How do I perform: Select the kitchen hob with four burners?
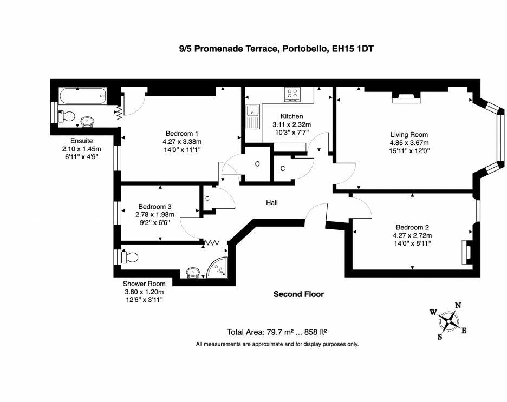(x=293, y=94)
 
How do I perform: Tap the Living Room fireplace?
(x=406, y=97)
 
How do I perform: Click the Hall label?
(x=271, y=202)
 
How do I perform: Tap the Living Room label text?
(x=409, y=135)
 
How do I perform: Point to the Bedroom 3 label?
(x=155, y=206)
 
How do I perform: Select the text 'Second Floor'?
(x=298, y=294)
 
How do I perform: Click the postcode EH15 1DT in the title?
(x=353, y=49)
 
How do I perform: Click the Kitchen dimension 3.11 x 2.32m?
(x=291, y=124)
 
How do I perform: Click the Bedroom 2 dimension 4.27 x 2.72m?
(x=412, y=235)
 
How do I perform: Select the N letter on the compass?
(x=458, y=305)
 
